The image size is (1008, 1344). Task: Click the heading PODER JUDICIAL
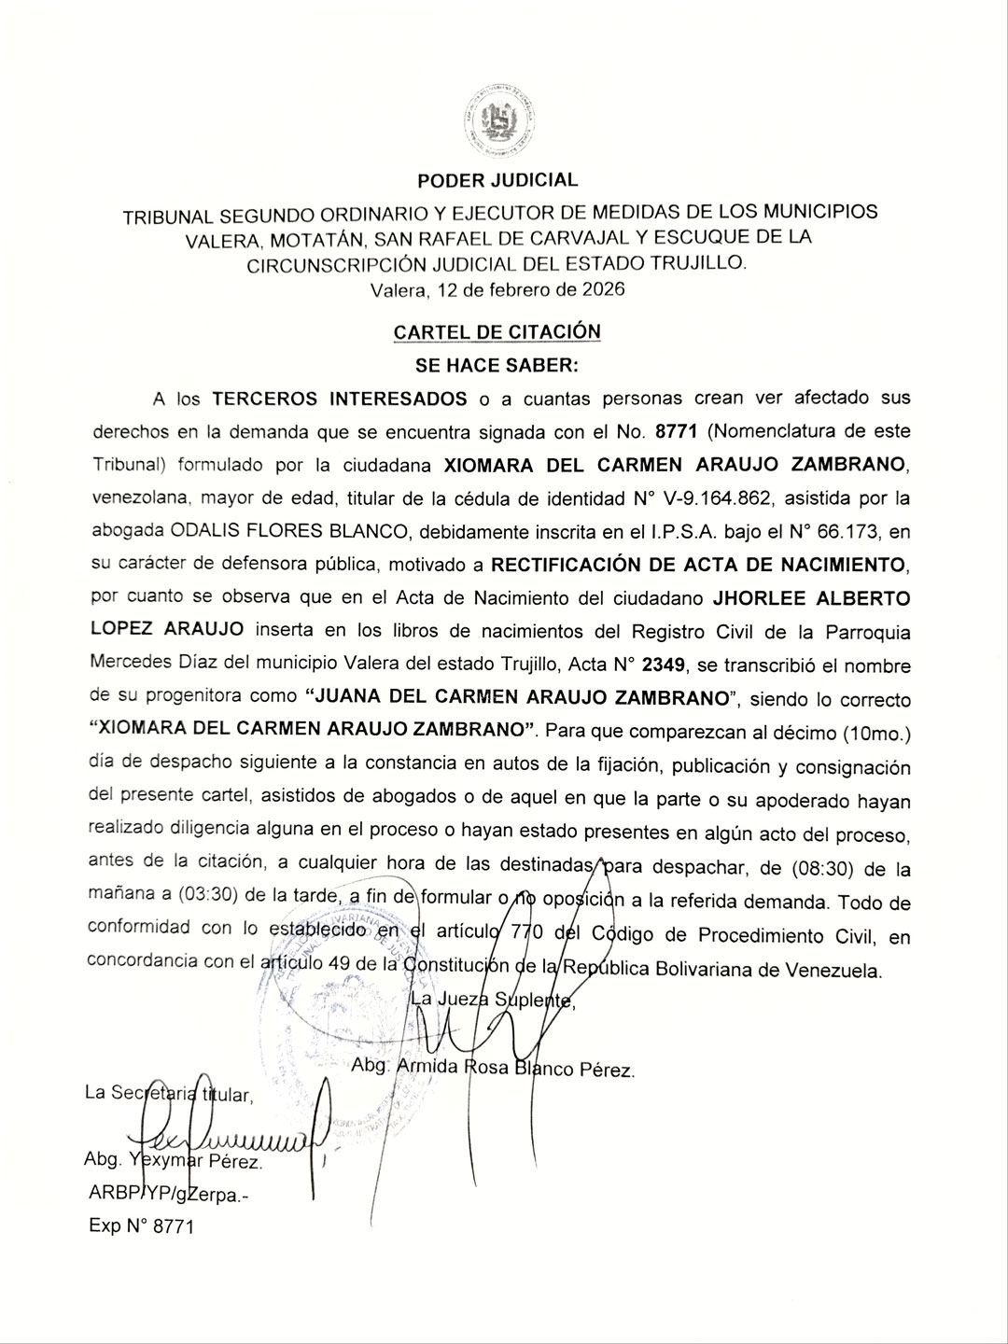click(497, 180)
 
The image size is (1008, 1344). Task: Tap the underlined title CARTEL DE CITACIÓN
click(497, 332)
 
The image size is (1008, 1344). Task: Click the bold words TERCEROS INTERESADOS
click(340, 399)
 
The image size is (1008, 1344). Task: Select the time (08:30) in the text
click(822, 869)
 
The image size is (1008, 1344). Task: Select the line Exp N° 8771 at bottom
click(141, 1226)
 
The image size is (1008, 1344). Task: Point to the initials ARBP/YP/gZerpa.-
click(169, 1194)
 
